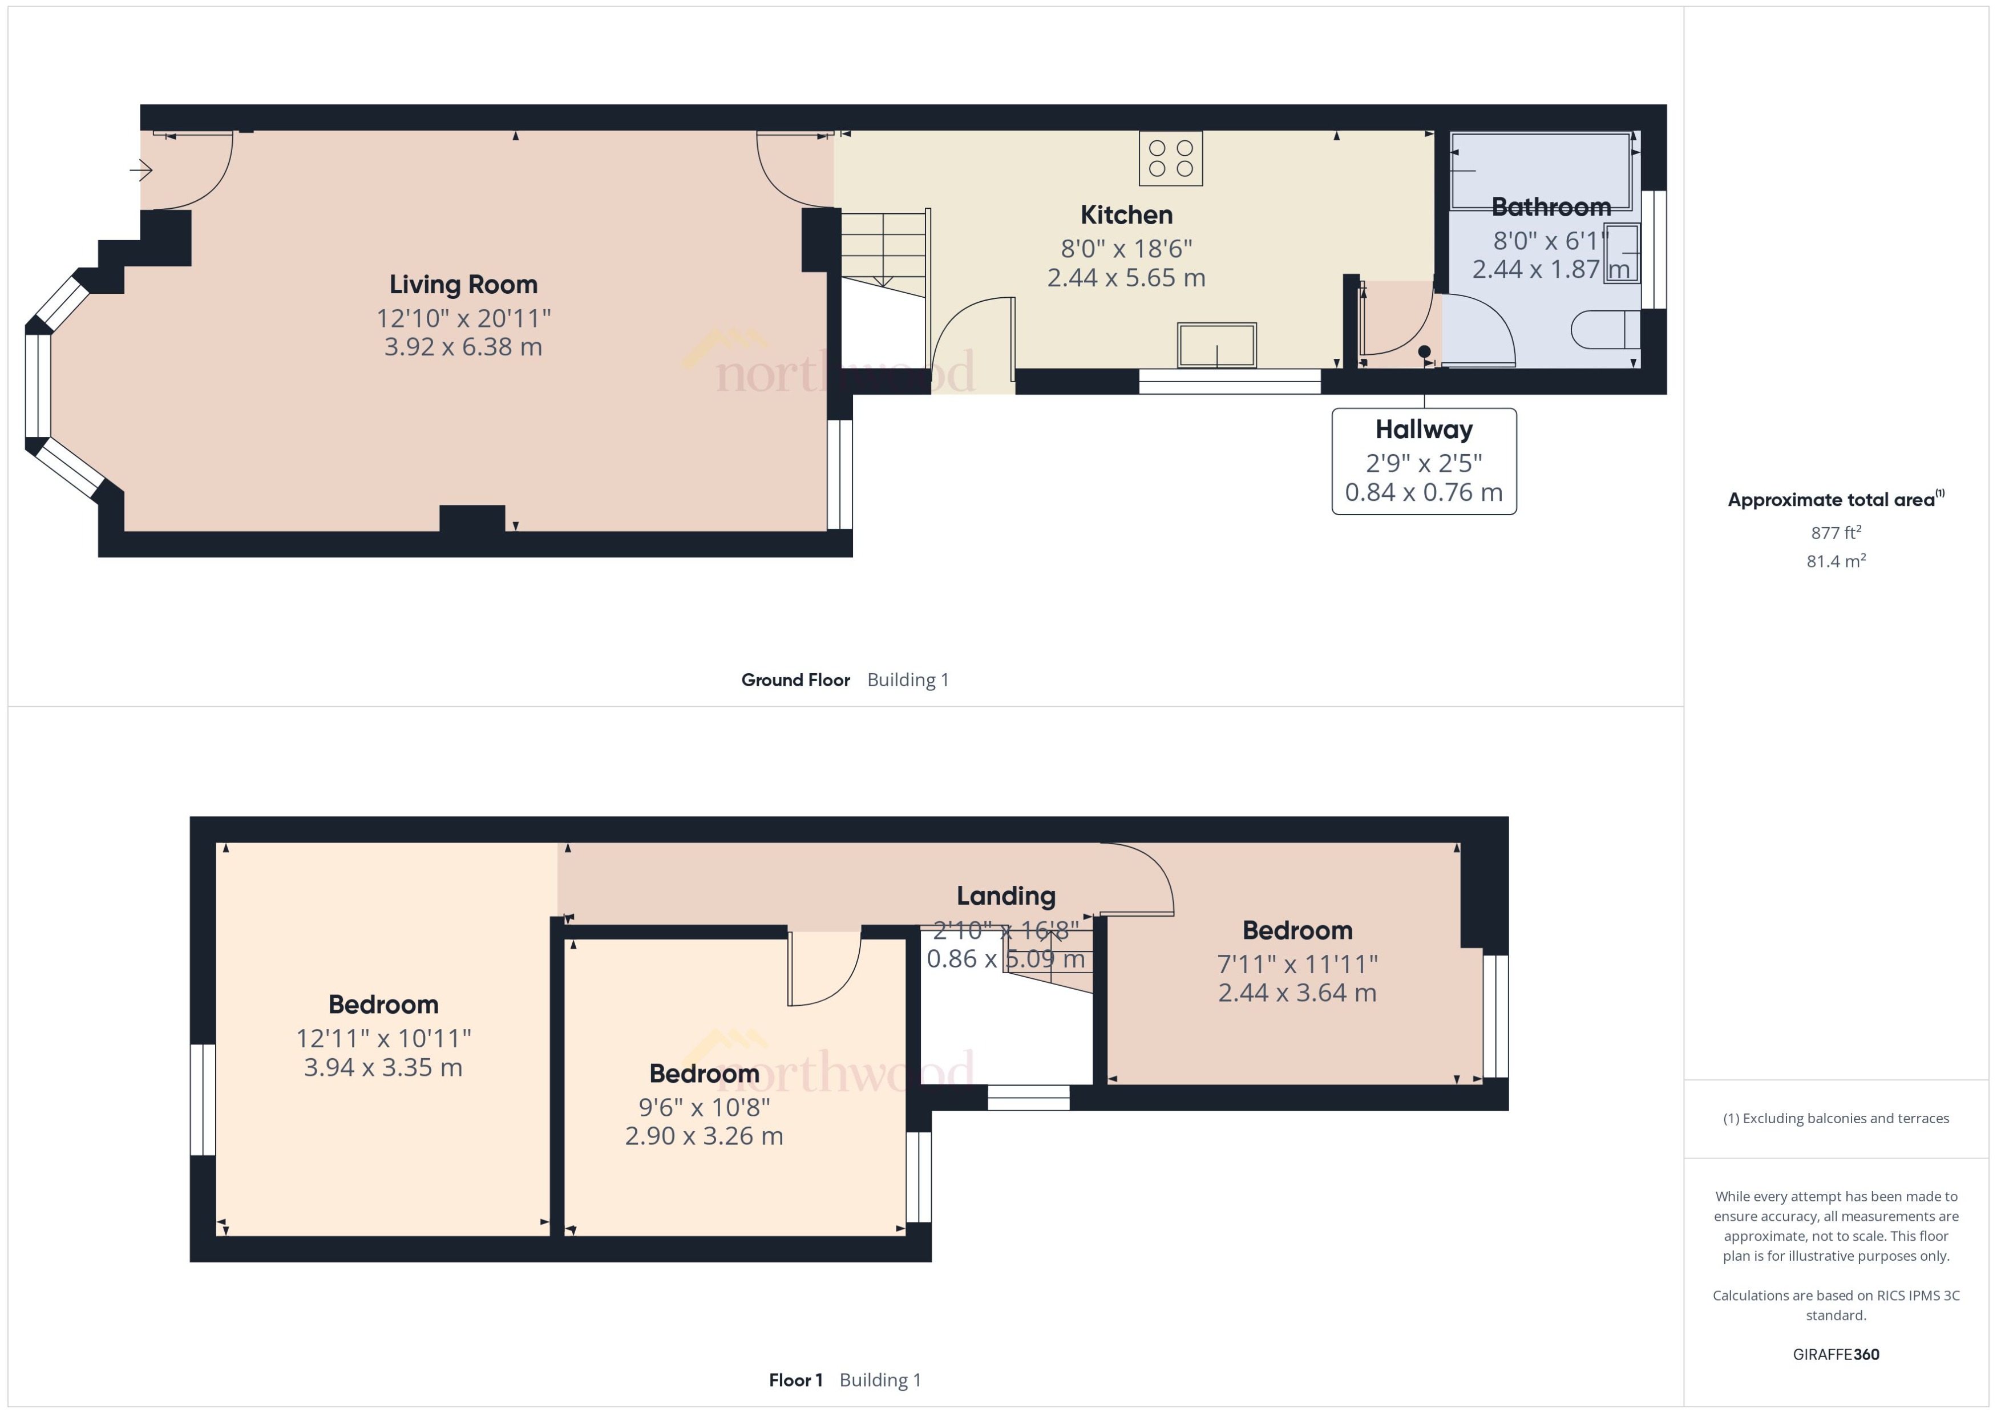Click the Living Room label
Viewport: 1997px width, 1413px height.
(x=463, y=285)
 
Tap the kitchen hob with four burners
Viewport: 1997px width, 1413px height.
(x=1170, y=159)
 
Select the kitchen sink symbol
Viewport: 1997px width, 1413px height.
(x=1216, y=346)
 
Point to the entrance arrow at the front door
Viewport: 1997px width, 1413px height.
(x=141, y=169)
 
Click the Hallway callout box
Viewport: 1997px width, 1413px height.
(x=1424, y=461)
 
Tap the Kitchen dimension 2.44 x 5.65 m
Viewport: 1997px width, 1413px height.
(x=1126, y=278)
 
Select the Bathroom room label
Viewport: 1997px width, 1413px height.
(x=1551, y=207)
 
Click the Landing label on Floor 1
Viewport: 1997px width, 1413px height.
(x=1006, y=895)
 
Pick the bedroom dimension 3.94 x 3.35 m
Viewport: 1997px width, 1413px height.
(x=383, y=1067)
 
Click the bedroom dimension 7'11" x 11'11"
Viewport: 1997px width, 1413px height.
(x=1296, y=964)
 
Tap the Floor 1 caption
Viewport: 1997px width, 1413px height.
(x=795, y=1380)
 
